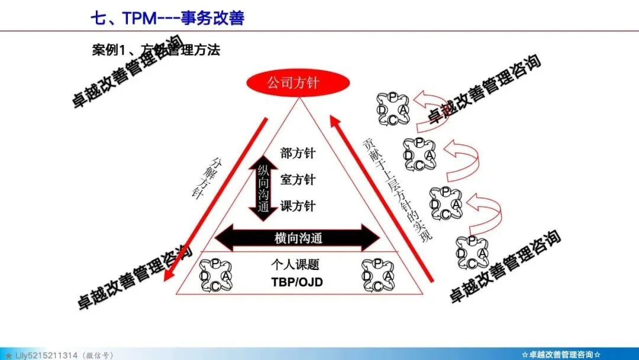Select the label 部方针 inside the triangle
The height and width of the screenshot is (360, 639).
click(298, 153)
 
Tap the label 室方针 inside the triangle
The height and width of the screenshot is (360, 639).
click(298, 179)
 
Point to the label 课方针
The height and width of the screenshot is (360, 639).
click(298, 206)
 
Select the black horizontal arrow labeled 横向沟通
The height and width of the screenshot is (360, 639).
click(297, 238)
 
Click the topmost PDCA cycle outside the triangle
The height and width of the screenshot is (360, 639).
click(392, 107)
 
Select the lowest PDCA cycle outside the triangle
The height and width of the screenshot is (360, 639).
click(472, 253)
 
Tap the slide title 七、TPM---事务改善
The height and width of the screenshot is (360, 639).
click(167, 18)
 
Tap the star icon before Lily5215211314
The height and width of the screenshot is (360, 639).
click(8, 355)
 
